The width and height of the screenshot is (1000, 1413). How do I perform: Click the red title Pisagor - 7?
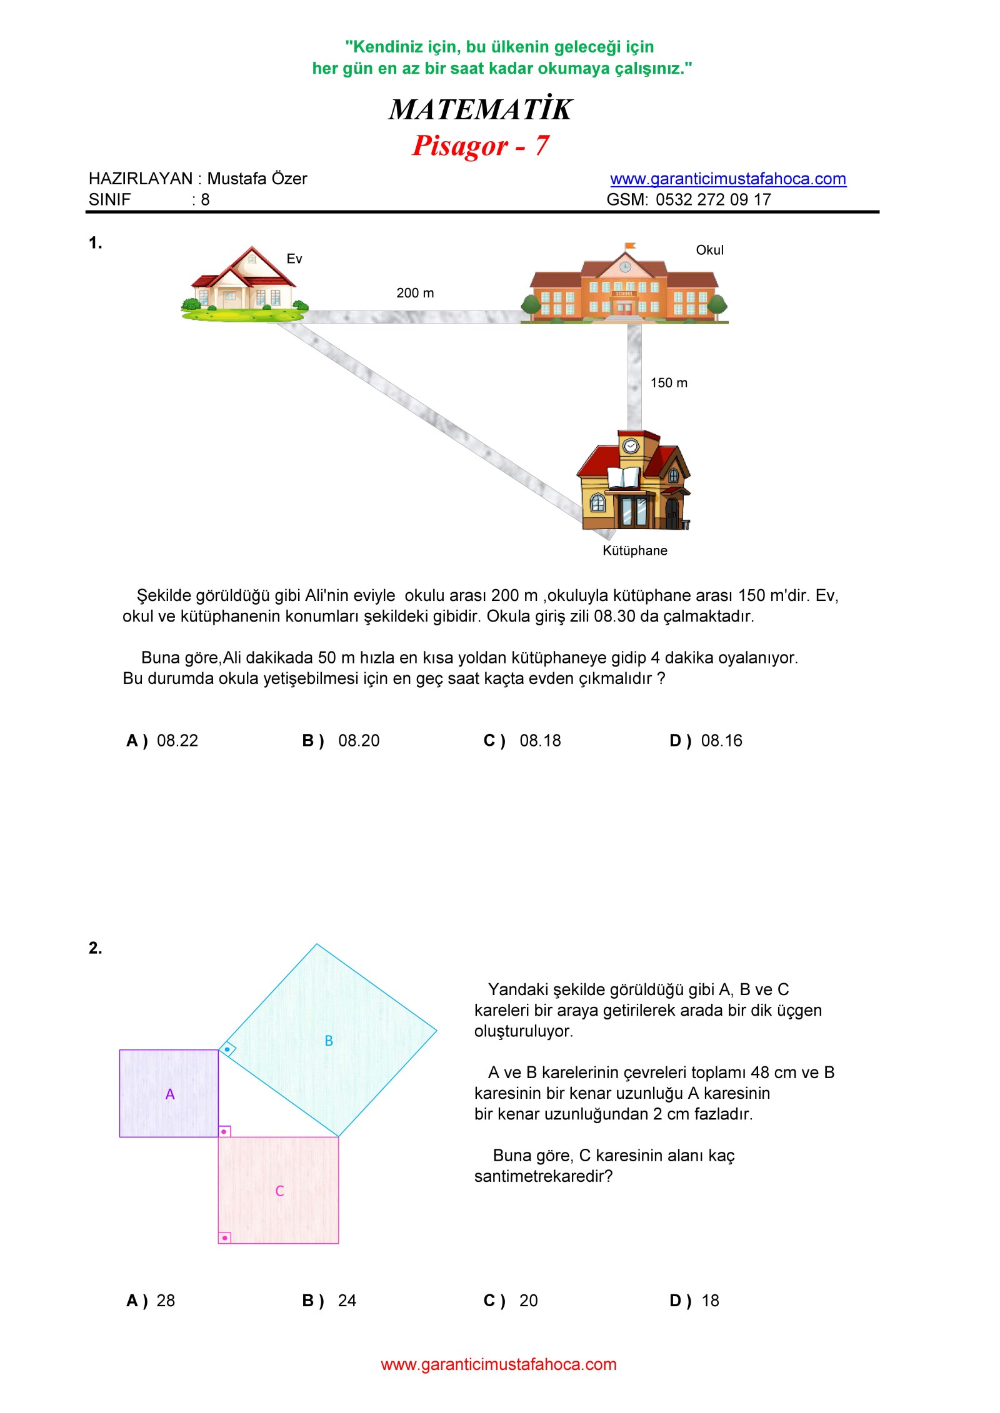480,146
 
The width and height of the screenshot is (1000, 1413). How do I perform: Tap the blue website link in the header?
727,179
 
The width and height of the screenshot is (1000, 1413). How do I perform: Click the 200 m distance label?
415,293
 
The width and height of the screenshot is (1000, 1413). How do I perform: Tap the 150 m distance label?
669,383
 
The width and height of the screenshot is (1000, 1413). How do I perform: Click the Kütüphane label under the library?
634,550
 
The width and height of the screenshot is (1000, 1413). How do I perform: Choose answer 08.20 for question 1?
358,741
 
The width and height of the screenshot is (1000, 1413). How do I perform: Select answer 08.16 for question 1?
721,741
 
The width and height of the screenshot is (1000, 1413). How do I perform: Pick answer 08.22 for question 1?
177,741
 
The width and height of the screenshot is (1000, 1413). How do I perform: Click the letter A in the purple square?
170,1094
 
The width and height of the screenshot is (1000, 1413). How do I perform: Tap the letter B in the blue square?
329,1041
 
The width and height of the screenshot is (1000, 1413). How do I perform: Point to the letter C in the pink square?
279,1191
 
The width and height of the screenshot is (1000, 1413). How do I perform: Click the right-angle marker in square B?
227,1049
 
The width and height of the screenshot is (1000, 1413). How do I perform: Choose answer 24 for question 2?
347,1301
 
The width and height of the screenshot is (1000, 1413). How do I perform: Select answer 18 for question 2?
710,1301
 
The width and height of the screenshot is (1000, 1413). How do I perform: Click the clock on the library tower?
631,445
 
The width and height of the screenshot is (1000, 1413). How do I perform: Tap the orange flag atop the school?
630,245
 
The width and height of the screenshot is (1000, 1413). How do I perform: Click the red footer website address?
499,1364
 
